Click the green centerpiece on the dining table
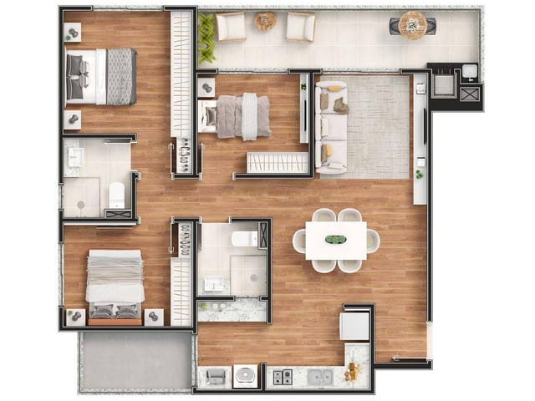tap(334, 241)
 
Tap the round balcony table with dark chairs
tap(412, 25)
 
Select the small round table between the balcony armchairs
tap(265, 22)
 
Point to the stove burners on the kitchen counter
tap(282, 377)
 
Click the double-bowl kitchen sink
tap(318, 377)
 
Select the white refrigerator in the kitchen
tap(354, 325)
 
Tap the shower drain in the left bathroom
tap(81, 203)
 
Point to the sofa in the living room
tap(330, 127)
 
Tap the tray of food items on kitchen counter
tap(354, 370)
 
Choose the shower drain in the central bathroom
tap(248, 272)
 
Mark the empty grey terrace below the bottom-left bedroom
tap(135, 361)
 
